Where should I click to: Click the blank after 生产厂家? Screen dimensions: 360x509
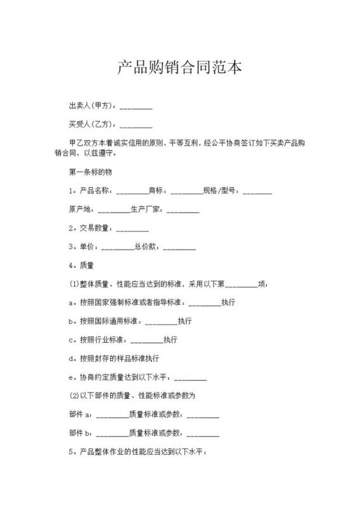coord(183,209)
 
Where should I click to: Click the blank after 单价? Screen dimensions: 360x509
coord(117,246)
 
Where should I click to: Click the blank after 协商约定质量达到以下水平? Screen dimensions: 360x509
coord(190,376)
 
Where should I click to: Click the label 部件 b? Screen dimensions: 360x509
coord(80,433)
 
